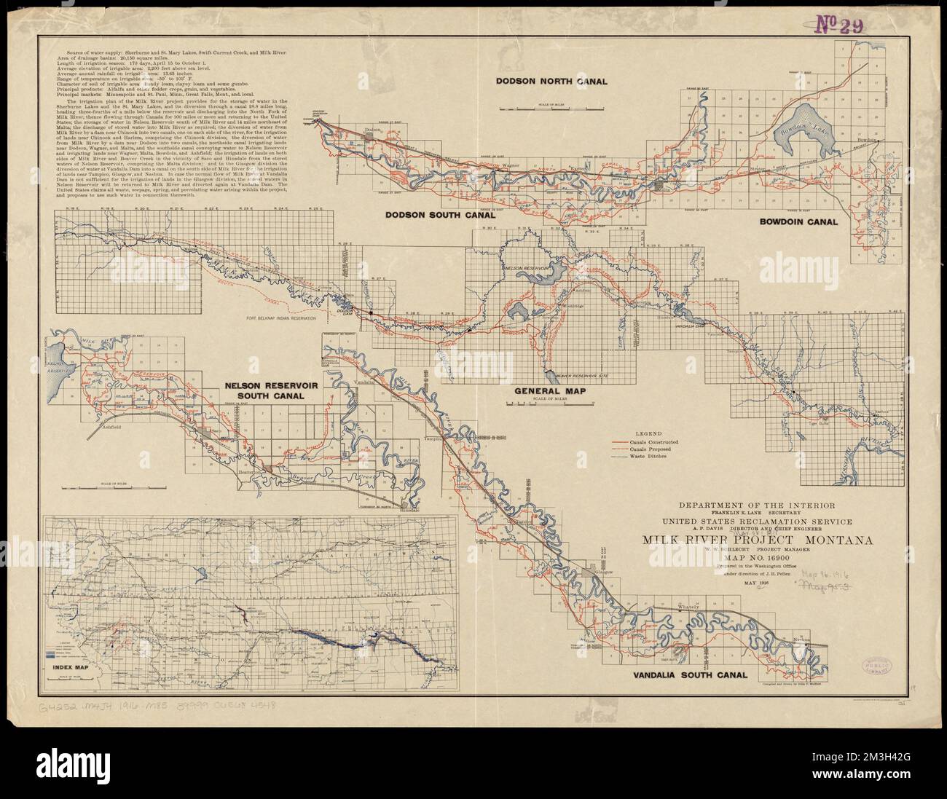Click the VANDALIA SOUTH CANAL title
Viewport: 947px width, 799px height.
[x=684, y=675]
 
